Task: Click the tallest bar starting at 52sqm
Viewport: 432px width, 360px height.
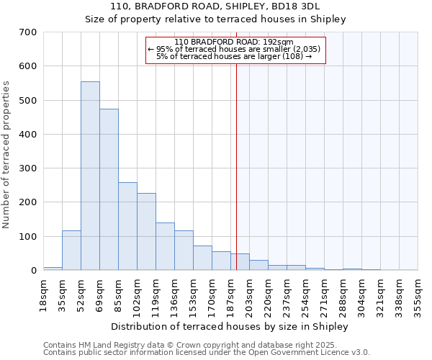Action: coord(90,176)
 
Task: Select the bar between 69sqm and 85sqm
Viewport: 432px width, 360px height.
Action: coord(109,190)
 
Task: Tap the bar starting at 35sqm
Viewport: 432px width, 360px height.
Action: coord(71,251)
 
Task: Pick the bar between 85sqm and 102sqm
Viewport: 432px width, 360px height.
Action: coord(127,227)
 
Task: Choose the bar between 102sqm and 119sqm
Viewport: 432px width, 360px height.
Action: coord(146,232)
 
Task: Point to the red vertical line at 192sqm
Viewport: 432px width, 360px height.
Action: coord(236,166)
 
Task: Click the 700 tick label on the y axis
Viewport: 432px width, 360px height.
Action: coord(28,32)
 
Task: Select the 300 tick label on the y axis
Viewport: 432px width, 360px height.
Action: coord(28,168)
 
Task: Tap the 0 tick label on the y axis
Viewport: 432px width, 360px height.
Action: coord(33,271)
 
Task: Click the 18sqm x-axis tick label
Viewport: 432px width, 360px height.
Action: coord(43,292)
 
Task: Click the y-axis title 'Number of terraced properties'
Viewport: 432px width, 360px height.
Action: coord(6,155)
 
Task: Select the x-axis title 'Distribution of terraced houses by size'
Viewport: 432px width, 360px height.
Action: coord(230,326)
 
